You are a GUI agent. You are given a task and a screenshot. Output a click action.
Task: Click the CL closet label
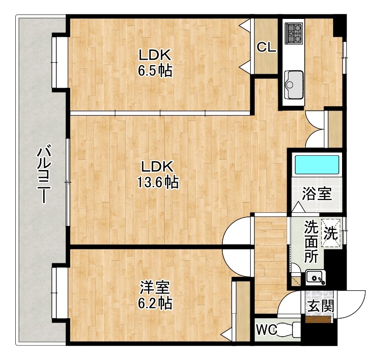coord(266,47)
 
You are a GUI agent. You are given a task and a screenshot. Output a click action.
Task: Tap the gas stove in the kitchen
coord(294,33)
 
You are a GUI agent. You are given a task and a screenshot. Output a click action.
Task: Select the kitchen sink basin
coord(294,85)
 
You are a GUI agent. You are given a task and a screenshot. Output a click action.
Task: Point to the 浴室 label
coord(317,193)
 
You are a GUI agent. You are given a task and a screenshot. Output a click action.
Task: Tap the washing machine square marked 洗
coord(331,233)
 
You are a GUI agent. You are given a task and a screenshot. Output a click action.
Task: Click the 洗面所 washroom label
coord(311,242)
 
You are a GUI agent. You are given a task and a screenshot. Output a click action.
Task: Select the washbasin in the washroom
coord(316,278)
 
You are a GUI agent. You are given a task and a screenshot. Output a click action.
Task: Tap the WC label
coord(266,330)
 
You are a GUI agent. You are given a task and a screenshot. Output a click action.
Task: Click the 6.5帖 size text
coord(155,71)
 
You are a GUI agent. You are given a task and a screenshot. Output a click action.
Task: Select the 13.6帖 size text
coord(158,182)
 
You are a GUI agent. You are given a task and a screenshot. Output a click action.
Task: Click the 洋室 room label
coord(155,288)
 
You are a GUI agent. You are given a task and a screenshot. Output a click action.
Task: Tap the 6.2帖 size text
coord(155,303)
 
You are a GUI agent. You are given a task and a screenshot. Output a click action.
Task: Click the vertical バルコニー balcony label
coord(44,174)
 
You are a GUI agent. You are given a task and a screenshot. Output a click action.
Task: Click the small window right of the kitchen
coord(344,58)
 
